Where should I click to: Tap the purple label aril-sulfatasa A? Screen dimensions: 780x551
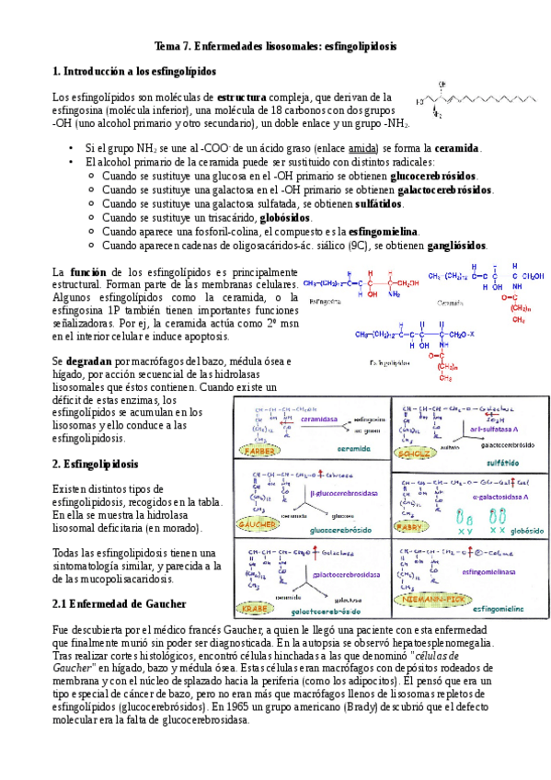484,428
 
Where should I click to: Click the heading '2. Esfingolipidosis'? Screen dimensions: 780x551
96,465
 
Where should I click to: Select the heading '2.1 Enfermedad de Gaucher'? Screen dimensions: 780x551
120,603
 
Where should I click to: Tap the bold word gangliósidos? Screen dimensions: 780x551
455,246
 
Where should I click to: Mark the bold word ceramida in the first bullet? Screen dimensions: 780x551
456,148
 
